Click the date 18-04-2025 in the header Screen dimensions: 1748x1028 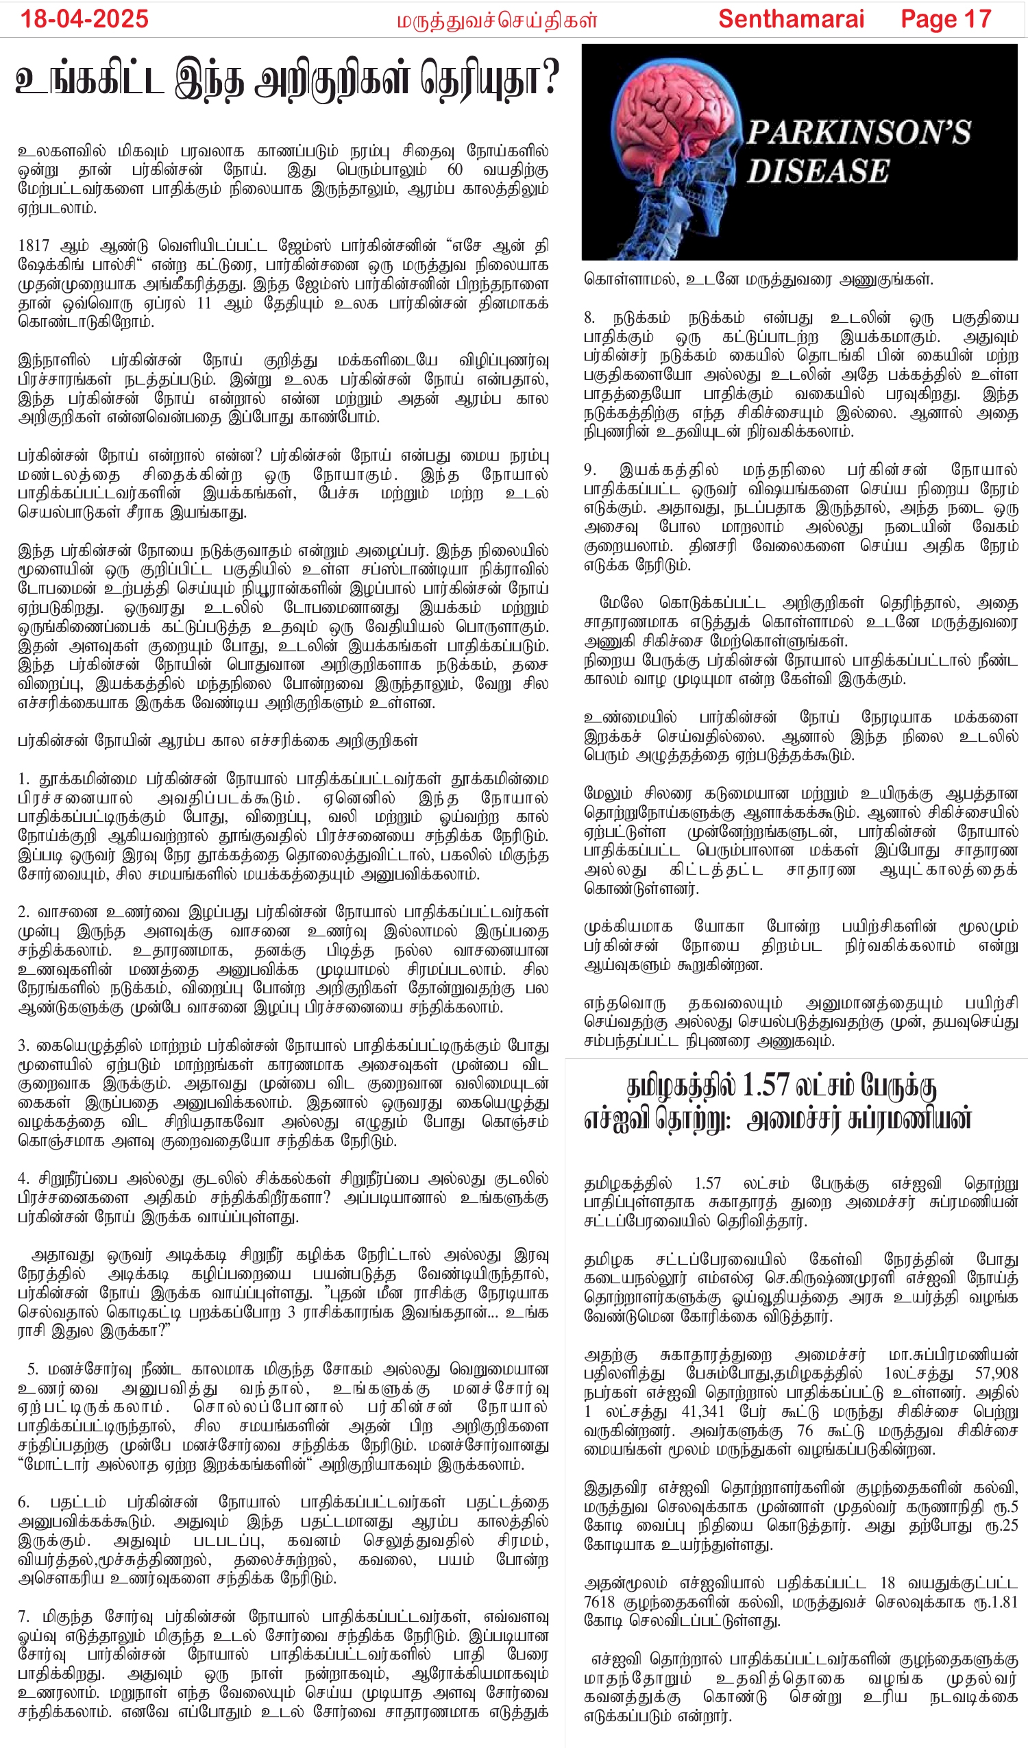point(84,19)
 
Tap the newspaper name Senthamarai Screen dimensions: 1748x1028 point(791,19)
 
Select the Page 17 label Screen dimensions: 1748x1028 point(946,19)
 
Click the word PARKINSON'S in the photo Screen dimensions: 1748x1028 point(858,132)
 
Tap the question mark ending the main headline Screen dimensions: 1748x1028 point(551,80)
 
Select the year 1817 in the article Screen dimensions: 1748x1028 point(34,245)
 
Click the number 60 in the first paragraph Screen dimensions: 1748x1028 point(455,170)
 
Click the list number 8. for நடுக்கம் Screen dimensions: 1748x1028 point(590,318)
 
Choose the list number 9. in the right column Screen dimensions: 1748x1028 point(590,470)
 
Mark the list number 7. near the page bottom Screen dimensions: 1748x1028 point(23,1617)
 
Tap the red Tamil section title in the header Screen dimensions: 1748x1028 point(497,21)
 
